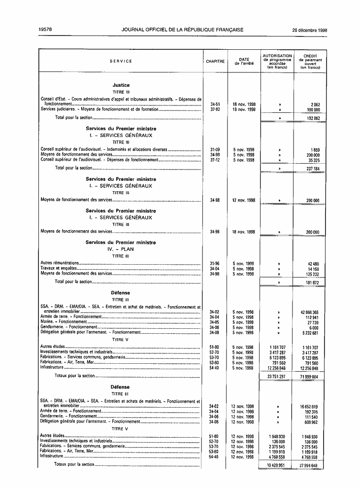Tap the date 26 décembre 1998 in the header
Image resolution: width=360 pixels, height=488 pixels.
pos(309,30)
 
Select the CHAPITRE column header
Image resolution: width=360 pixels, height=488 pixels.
pos(215,61)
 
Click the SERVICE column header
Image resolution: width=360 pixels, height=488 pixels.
pos(121,61)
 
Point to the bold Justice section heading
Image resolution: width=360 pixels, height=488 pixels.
pos(121,85)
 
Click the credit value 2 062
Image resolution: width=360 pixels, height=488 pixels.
pos(315,105)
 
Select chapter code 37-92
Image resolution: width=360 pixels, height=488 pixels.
pos(215,109)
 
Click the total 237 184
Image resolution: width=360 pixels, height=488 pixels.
pos(312,168)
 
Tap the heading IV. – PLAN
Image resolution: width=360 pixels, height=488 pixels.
pos(121,249)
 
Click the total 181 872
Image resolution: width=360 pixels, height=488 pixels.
pos(312,282)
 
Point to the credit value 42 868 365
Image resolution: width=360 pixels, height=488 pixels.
pos(309,312)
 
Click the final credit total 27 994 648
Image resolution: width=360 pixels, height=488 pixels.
pos(309,465)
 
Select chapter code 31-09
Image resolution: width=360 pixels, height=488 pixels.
pos(215,149)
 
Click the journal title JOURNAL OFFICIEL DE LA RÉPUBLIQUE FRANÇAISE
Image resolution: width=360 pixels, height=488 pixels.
pos(182,30)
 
